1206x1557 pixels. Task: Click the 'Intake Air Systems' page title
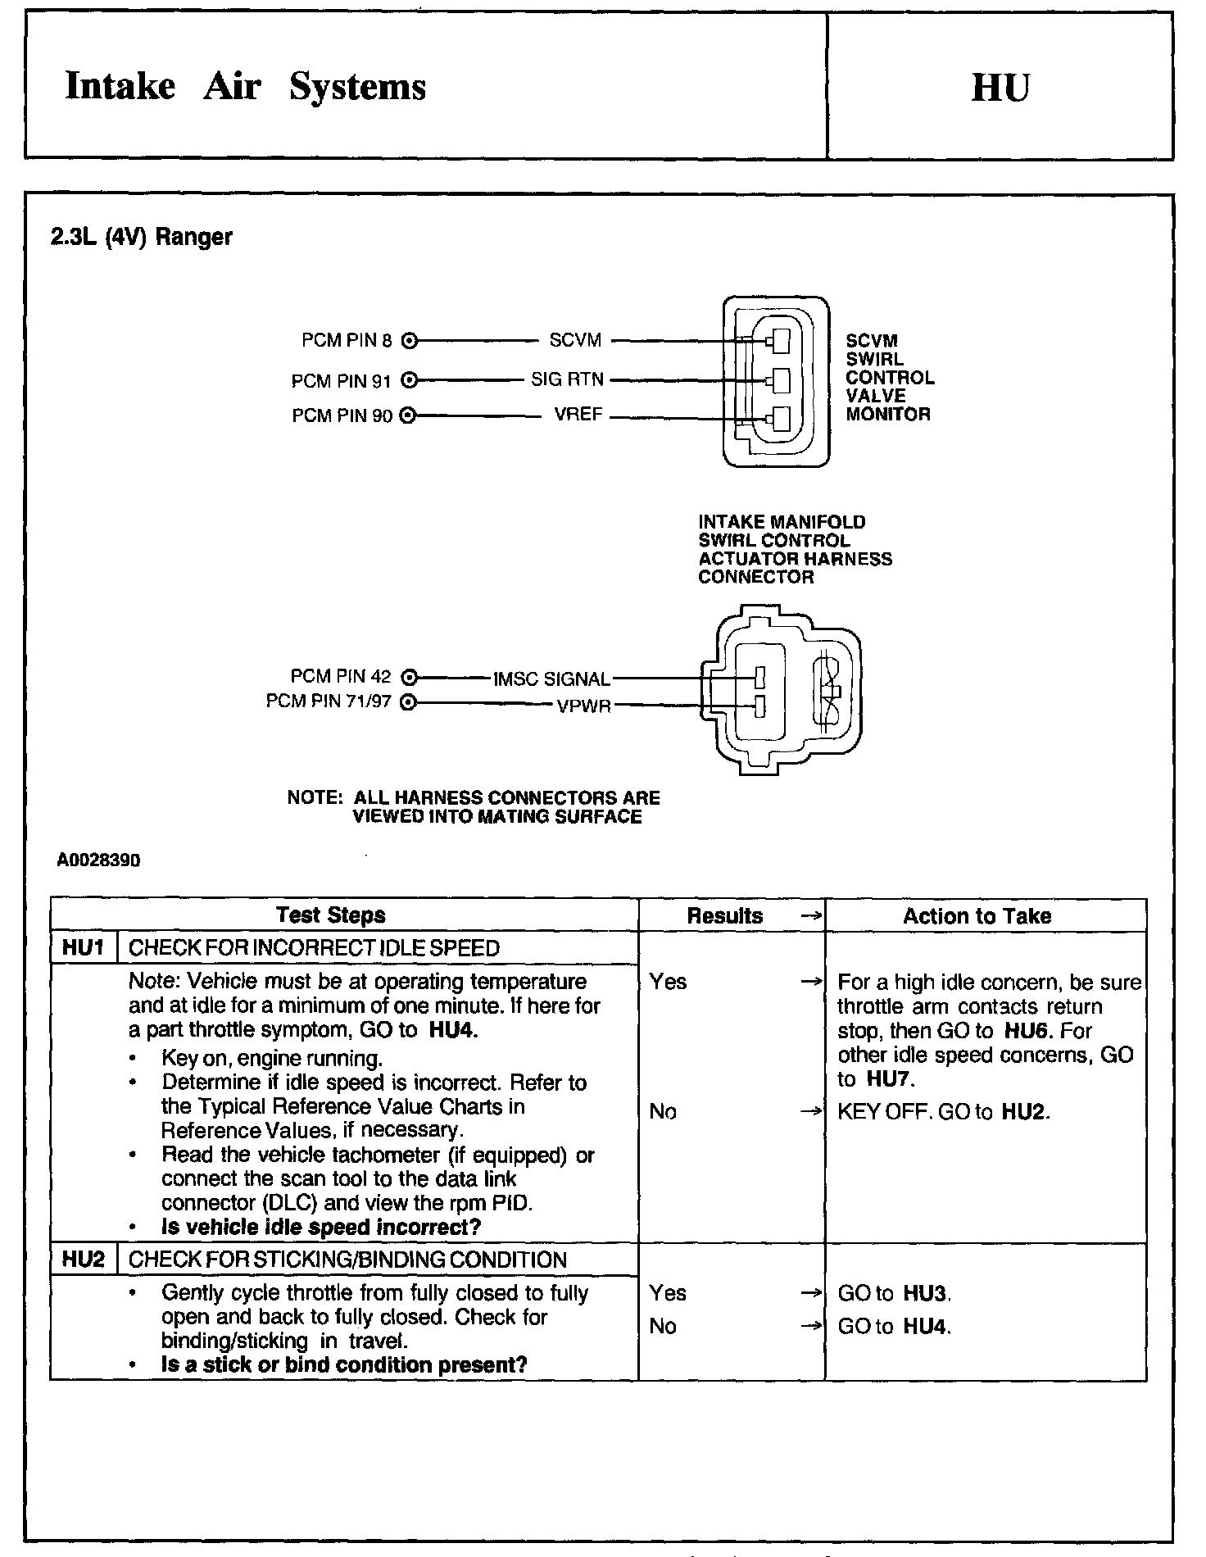click(245, 87)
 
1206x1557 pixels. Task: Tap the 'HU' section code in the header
click(1000, 88)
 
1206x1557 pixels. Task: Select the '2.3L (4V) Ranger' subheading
click(141, 238)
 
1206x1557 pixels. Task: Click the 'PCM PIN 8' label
click(347, 340)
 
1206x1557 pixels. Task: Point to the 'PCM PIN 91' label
click(342, 381)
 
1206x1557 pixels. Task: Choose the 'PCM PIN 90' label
click(342, 416)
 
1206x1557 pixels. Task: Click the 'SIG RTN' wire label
click(567, 379)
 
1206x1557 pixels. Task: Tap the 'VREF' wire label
click(578, 415)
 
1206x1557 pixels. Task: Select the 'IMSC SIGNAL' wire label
click(551, 679)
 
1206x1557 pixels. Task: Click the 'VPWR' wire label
click(584, 706)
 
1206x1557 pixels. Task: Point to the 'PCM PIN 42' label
click(341, 677)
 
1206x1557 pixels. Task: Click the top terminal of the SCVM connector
click(777, 340)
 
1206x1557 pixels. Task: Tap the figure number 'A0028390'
click(99, 861)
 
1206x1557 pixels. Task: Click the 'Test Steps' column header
click(330, 915)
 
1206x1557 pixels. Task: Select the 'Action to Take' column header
click(977, 916)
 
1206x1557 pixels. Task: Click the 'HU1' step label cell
click(84, 948)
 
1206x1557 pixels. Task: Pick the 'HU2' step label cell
click(84, 1260)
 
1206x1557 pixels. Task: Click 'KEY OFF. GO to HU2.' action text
click(943, 1112)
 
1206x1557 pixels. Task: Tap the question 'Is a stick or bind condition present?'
click(344, 1365)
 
